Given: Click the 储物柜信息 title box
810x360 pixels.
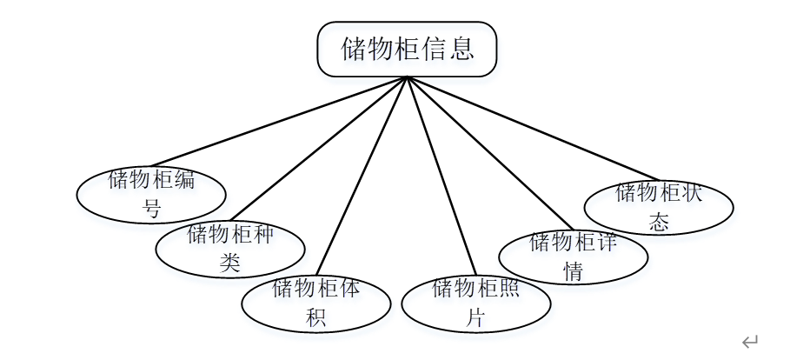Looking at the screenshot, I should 407,49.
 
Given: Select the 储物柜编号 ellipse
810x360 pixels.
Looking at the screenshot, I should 151,193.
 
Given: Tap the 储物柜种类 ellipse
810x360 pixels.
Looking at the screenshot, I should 229,248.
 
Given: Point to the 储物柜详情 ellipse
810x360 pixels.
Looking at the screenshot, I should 573,256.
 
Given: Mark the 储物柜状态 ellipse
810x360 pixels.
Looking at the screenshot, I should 659,207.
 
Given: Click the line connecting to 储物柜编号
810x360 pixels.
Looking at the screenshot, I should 278,121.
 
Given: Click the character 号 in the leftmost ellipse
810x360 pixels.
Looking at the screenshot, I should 151,209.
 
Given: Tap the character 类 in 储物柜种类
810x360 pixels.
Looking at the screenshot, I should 229,263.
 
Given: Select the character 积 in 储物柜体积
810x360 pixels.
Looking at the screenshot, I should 315,317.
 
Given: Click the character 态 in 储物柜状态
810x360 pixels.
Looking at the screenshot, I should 659,222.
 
